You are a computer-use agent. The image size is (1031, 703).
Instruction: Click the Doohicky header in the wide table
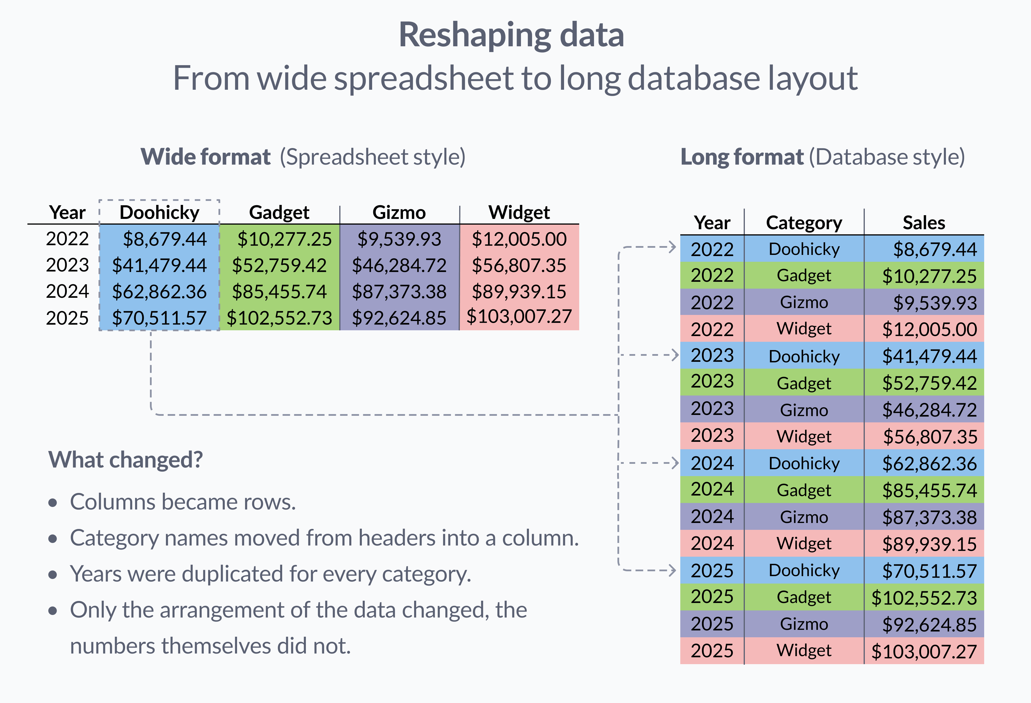[x=159, y=213]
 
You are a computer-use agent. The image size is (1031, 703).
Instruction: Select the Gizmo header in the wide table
[x=399, y=213]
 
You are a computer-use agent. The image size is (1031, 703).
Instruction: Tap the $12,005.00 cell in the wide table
[x=519, y=239]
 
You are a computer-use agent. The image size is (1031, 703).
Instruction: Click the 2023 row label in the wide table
[x=67, y=265]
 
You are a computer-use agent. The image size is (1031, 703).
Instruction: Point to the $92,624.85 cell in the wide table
[x=399, y=318]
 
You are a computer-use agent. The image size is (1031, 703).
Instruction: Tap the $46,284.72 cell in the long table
[x=929, y=410]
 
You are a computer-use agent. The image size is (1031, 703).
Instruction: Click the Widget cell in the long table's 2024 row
[x=804, y=543]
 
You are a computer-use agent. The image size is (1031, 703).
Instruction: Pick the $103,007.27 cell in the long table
[x=924, y=651]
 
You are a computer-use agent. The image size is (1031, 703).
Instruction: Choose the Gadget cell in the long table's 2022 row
[x=804, y=275]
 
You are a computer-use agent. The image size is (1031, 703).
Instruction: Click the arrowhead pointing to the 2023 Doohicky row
[x=675, y=355]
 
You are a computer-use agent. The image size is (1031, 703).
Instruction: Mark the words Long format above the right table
[x=741, y=157]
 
